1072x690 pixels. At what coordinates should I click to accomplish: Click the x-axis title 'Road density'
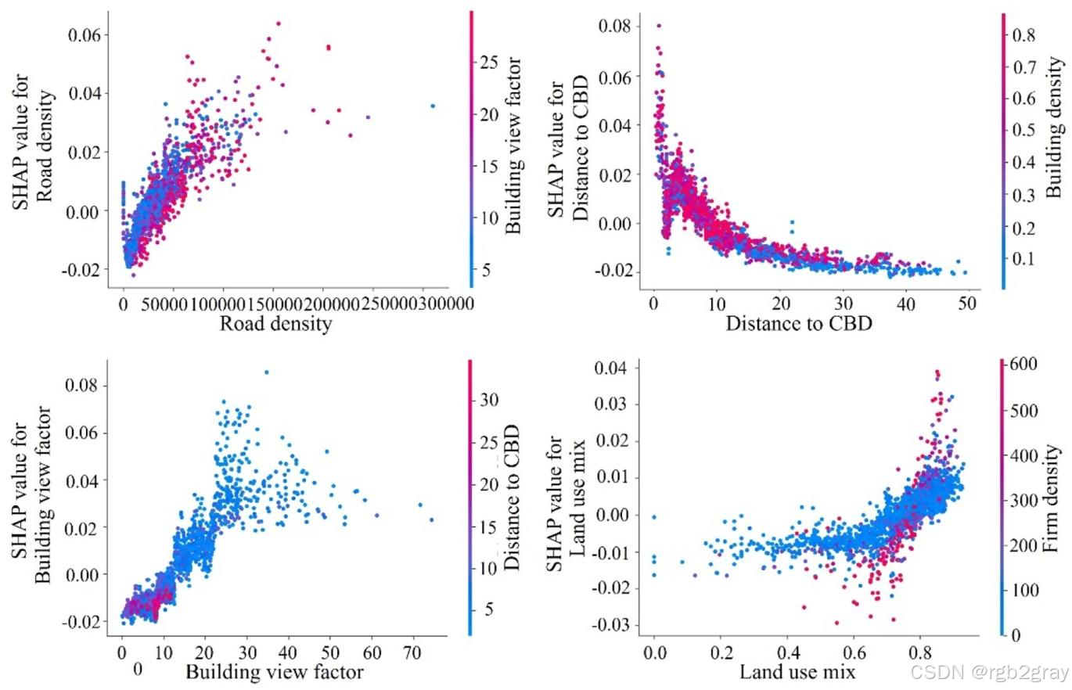[275, 324]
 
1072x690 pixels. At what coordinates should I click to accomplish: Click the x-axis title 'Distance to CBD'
[799, 324]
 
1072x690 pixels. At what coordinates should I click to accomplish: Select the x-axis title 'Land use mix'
[797, 672]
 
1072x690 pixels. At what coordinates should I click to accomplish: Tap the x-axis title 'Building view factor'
[274, 672]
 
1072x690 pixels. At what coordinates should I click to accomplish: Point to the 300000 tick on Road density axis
[445, 304]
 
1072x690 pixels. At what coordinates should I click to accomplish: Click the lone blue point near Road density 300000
[433, 106]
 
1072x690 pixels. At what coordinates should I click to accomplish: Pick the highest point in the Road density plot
[278, 23]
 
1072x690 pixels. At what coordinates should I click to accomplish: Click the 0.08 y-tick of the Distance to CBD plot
[614, 25]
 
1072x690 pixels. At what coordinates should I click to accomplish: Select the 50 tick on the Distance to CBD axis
[967, 304]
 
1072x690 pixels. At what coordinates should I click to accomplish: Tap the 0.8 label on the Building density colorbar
[1024, 35]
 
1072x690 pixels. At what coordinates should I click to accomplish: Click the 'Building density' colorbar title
[1054, 128]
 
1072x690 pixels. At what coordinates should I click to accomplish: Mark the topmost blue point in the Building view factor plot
[267, 372]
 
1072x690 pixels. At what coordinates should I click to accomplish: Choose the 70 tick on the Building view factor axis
[412, 652]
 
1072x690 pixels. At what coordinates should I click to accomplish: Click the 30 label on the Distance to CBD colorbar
[489, 400]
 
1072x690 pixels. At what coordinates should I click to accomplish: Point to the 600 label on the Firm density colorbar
[1023, 364]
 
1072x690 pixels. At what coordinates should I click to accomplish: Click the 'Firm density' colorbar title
[1050, 498]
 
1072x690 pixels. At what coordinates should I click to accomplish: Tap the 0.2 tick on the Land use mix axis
[721, 652]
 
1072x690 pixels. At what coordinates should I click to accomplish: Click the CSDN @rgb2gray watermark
[989, 672]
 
